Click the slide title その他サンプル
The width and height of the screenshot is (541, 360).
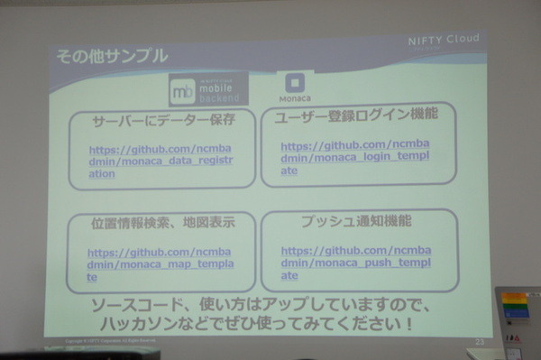(111, 56)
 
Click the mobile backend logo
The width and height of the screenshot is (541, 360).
(207, 89)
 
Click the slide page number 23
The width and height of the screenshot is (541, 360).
(479, 340)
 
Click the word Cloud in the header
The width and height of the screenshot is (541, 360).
(465, 42)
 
